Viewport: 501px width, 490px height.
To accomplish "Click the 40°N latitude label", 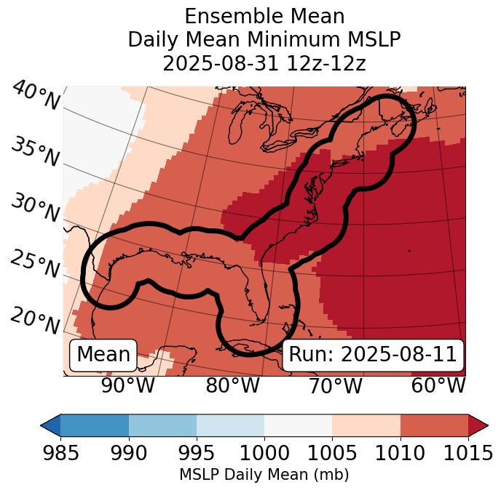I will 36,96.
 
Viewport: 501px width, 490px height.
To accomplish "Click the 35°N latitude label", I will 34,152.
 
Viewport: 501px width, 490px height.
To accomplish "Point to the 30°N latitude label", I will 34,209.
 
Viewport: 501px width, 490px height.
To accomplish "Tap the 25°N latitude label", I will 34,264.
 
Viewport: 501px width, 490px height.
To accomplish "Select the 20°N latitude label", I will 34,320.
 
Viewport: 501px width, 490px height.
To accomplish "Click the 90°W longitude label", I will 127,385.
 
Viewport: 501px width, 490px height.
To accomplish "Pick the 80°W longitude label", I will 232,385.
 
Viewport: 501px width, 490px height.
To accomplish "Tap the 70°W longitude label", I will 335,385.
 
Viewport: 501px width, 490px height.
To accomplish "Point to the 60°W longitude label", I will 438,385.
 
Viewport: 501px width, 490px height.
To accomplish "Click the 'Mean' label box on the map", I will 103,355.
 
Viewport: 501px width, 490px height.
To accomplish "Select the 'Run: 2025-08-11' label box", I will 372,355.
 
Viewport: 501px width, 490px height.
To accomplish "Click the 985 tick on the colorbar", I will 60,453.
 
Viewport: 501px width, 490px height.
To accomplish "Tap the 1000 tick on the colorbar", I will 264,453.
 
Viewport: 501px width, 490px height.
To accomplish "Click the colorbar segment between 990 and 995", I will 162,425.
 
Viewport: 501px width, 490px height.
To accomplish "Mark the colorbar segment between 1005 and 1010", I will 366,425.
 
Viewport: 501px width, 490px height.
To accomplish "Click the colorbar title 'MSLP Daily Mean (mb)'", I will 264,475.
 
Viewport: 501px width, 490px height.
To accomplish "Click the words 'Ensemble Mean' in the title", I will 264,16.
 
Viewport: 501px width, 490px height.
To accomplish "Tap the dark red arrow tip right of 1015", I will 478,425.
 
